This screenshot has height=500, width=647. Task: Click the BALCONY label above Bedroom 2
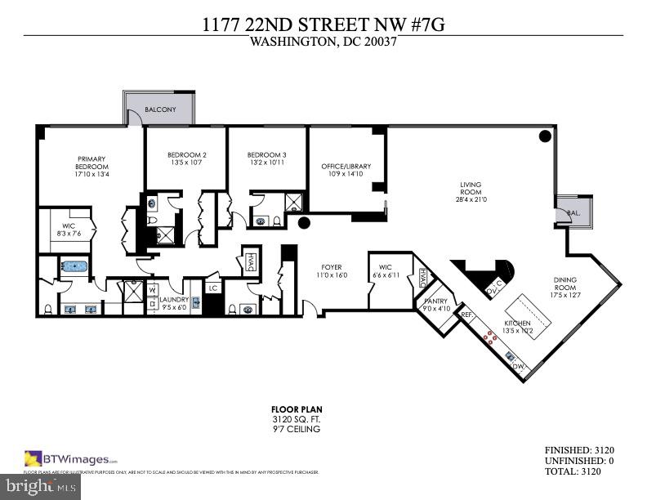tap(160, 109)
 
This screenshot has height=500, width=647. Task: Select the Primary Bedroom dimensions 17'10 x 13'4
tap(92, 174)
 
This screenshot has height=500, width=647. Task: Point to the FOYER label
tap(331, 267)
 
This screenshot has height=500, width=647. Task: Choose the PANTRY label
tap(435, 301)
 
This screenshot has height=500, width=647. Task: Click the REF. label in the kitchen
tap(467, 314)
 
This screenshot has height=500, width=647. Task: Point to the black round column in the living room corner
tap(545, 136)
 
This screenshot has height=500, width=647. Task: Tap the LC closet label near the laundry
tap(212, 288)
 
